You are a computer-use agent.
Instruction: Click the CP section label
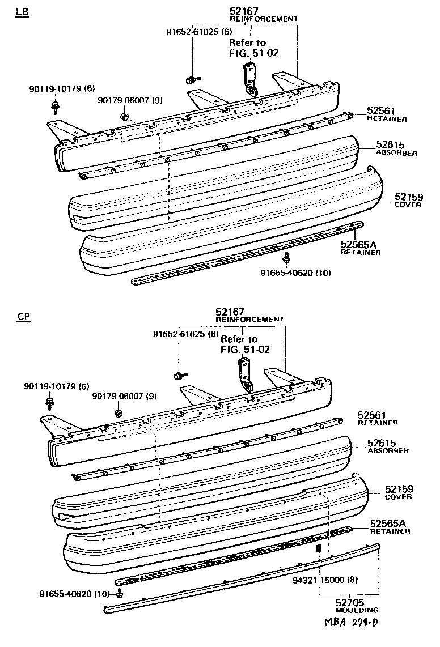23,317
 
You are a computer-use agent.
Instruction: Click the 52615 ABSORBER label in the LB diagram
396,148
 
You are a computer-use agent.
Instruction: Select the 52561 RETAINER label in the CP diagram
377,418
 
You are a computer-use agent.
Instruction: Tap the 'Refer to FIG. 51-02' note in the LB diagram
253,48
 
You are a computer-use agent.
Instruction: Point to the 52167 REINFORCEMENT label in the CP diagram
249,315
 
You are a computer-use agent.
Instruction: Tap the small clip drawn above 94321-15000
319,549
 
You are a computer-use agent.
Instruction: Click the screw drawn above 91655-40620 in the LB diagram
287,258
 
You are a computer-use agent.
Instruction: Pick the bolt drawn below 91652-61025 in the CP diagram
179,375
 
